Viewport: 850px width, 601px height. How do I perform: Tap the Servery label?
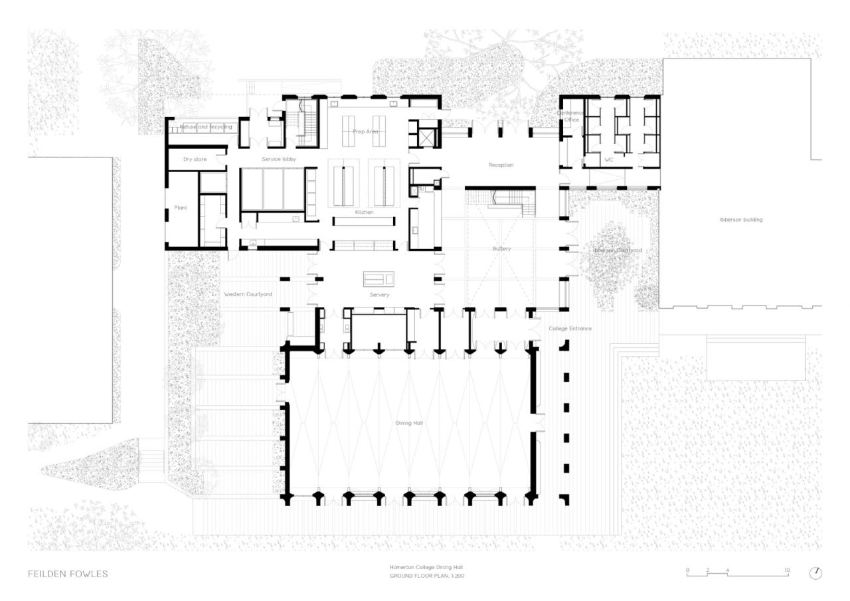point(379,295)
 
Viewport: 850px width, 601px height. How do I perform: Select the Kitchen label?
point(364,213)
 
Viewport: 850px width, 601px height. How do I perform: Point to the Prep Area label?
point(365,131)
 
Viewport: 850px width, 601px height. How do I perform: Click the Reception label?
point(501,165)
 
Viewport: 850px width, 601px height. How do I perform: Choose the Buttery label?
point(501,248)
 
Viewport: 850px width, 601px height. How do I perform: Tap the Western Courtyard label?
point(248,294)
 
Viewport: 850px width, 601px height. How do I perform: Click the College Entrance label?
point(570,329)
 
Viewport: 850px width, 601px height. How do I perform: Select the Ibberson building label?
point(740,219)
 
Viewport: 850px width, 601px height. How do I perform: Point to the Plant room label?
point(181,208)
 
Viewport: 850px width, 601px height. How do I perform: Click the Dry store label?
point(195,159)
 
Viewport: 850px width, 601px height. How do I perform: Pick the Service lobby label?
point(279,159)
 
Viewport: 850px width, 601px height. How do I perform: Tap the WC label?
point(608,159)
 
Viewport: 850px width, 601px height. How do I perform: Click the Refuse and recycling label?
point(206,127)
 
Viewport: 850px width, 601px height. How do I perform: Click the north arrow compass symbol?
point(815,573)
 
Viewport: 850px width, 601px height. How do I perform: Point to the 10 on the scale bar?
point(787,570)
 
